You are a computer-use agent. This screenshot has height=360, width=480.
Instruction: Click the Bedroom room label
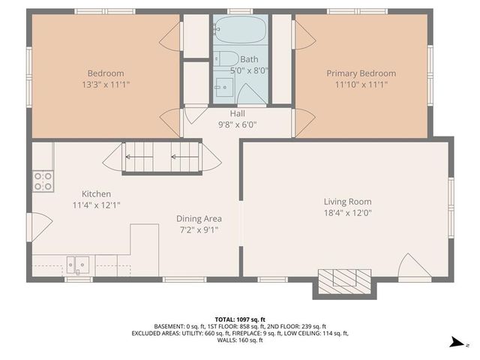[x=106, y=73]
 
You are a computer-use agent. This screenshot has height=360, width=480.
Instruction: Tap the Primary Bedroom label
[x=361, y=73]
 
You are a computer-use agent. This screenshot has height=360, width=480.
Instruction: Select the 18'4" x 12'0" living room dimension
[x=347, y=213]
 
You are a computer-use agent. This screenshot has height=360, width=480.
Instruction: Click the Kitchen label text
[x=96, y=193]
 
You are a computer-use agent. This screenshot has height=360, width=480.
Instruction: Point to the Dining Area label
[x=199, y=219]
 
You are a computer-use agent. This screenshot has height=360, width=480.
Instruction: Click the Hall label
[x=237, y=113]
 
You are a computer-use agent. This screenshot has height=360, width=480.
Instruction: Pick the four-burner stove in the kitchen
[x=43, y=180]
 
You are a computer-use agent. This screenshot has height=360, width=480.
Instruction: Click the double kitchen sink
[x=77, y=264]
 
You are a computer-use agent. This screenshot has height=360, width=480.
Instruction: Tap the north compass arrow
[x=455, y=343]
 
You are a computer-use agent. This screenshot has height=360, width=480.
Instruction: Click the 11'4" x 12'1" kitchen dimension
[x=96, y=205]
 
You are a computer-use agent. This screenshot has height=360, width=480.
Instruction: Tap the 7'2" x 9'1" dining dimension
[x=198, y=230]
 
